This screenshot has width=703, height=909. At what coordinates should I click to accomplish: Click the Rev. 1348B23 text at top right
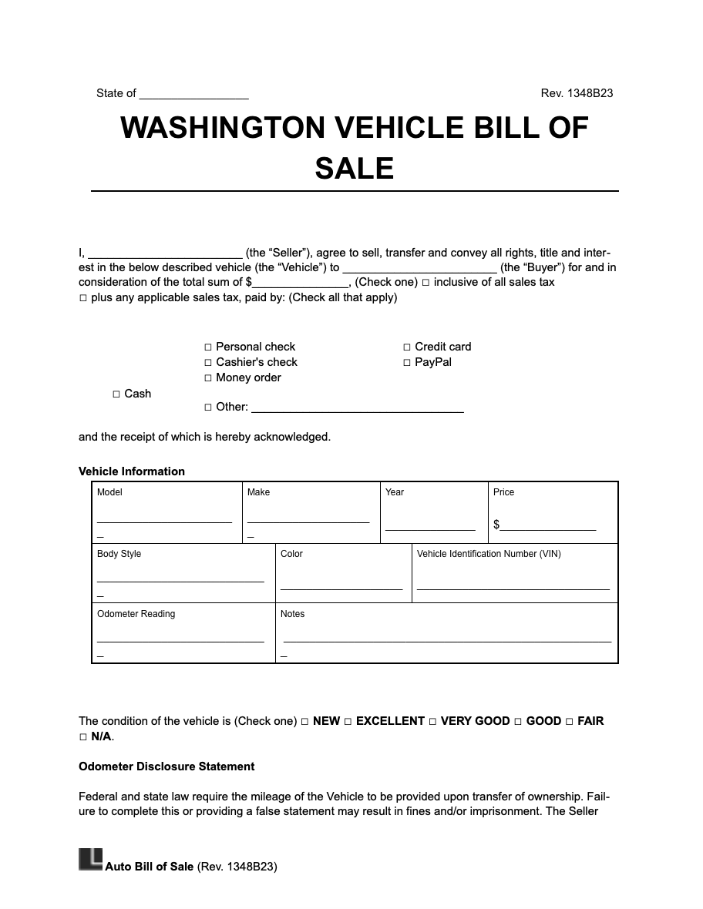[577, 93]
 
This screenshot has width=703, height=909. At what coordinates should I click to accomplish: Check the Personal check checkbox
[208, 347]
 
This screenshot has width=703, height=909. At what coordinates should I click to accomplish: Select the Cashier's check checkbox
[208, 363]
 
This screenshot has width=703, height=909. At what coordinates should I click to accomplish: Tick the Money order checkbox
[208, 378]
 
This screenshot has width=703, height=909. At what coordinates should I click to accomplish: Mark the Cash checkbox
[116, 394]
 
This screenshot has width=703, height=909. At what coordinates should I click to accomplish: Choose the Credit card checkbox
[407, 347]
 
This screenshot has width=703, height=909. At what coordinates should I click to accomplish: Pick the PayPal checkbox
[407, 363]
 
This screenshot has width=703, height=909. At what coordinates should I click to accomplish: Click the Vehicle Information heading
[132, 471]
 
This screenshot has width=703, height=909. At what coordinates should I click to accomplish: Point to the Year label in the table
[395, 492]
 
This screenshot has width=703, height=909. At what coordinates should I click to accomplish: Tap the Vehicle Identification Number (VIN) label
[489, 554]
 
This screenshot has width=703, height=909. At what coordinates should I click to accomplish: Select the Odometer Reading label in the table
[136, 614]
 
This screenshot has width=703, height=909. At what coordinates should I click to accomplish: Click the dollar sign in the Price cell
[496, 525]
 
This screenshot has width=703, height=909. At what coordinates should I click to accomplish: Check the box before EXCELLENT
[348, 722]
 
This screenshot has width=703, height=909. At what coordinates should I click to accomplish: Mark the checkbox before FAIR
[570, 722]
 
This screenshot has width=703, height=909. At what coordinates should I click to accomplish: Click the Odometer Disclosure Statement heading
[166, 766]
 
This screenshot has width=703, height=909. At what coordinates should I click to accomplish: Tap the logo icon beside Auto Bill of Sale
[90, 860]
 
